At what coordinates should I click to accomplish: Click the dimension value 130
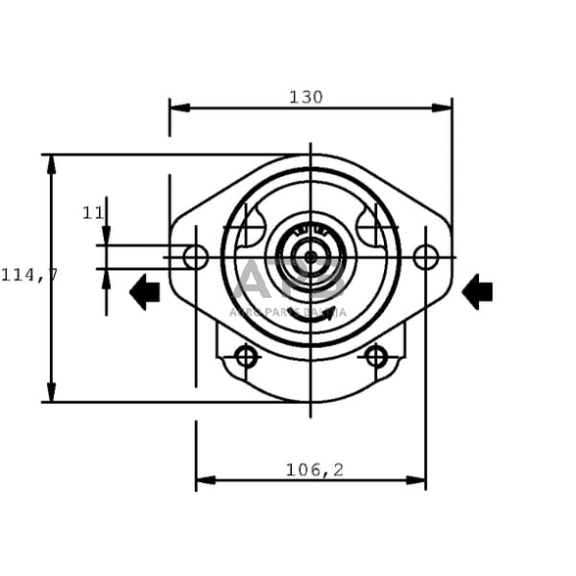[x=306, y=97]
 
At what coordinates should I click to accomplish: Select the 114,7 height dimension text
[x=28, y=275]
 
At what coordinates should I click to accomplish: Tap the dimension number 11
[x=93, y=213]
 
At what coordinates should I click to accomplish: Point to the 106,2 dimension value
[x=314, y=469]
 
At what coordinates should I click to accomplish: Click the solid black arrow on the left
[x=145, y=291]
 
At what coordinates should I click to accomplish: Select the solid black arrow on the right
[x=477, y=291]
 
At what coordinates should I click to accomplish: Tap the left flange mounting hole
[x=196, y=258]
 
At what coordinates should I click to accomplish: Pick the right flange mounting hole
[x=425, y=258]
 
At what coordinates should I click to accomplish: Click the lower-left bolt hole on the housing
[x=247, y=357]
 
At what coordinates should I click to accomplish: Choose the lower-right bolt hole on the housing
[x=376, y=357]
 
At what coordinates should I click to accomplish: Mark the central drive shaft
[x=311, y=258]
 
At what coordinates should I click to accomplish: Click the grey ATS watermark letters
[x=290, y=281]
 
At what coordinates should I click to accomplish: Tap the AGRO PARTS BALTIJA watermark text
[x=288, y=312]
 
